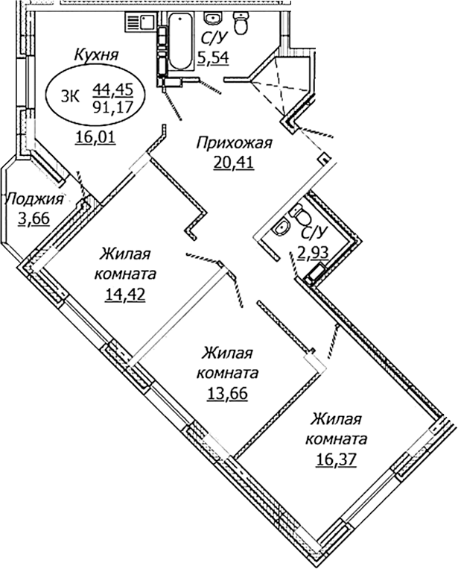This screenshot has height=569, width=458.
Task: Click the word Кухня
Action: [x=97, y=54]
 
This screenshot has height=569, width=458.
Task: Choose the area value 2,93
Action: [x=314, y=252]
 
